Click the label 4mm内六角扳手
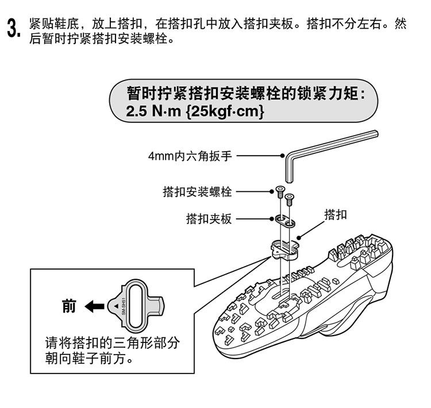(190, 156)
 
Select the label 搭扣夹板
(209, 219)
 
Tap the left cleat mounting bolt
(280, 191)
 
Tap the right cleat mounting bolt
(290, 198)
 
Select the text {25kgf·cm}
(225, 111)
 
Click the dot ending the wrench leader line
(282, 155)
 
